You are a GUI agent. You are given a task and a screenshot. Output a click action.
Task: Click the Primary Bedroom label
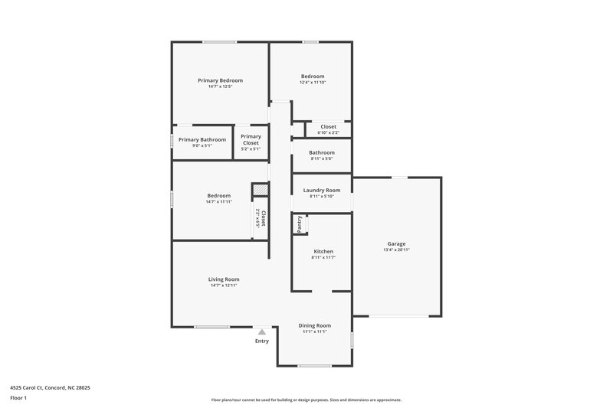coord(220,80)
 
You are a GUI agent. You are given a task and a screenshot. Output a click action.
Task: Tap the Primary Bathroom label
coord(202,139)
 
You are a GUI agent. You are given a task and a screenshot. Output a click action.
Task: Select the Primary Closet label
coord(251,139)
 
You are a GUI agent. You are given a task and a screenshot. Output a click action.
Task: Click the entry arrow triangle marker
coord(262,332)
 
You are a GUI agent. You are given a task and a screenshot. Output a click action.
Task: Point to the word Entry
coord(262,341)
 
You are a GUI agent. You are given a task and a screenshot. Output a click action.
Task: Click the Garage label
coord(396,244)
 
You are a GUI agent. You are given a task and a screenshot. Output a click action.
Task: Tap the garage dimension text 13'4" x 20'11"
coord(396,250)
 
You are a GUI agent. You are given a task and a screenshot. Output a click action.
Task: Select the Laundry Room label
coord(322,190)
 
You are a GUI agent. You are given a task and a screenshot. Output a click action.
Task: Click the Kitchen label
coord(323,251)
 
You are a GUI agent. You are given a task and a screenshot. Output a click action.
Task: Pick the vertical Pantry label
coord(299,224)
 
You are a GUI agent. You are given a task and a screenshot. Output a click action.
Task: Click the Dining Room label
coord(314,325)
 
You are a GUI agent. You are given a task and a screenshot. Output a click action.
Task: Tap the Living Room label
coord(224,279)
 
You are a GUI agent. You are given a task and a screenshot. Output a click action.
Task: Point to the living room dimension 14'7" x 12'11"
coord(224,286)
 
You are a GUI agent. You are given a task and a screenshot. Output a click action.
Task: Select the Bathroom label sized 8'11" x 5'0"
coord(322,152)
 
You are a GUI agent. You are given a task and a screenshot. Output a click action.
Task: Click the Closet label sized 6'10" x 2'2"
coord(328,126)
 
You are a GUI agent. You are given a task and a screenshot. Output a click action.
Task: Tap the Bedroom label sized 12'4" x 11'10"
coord(313,76)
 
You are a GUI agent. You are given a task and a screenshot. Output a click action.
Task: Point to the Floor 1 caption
coord(18,398)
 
